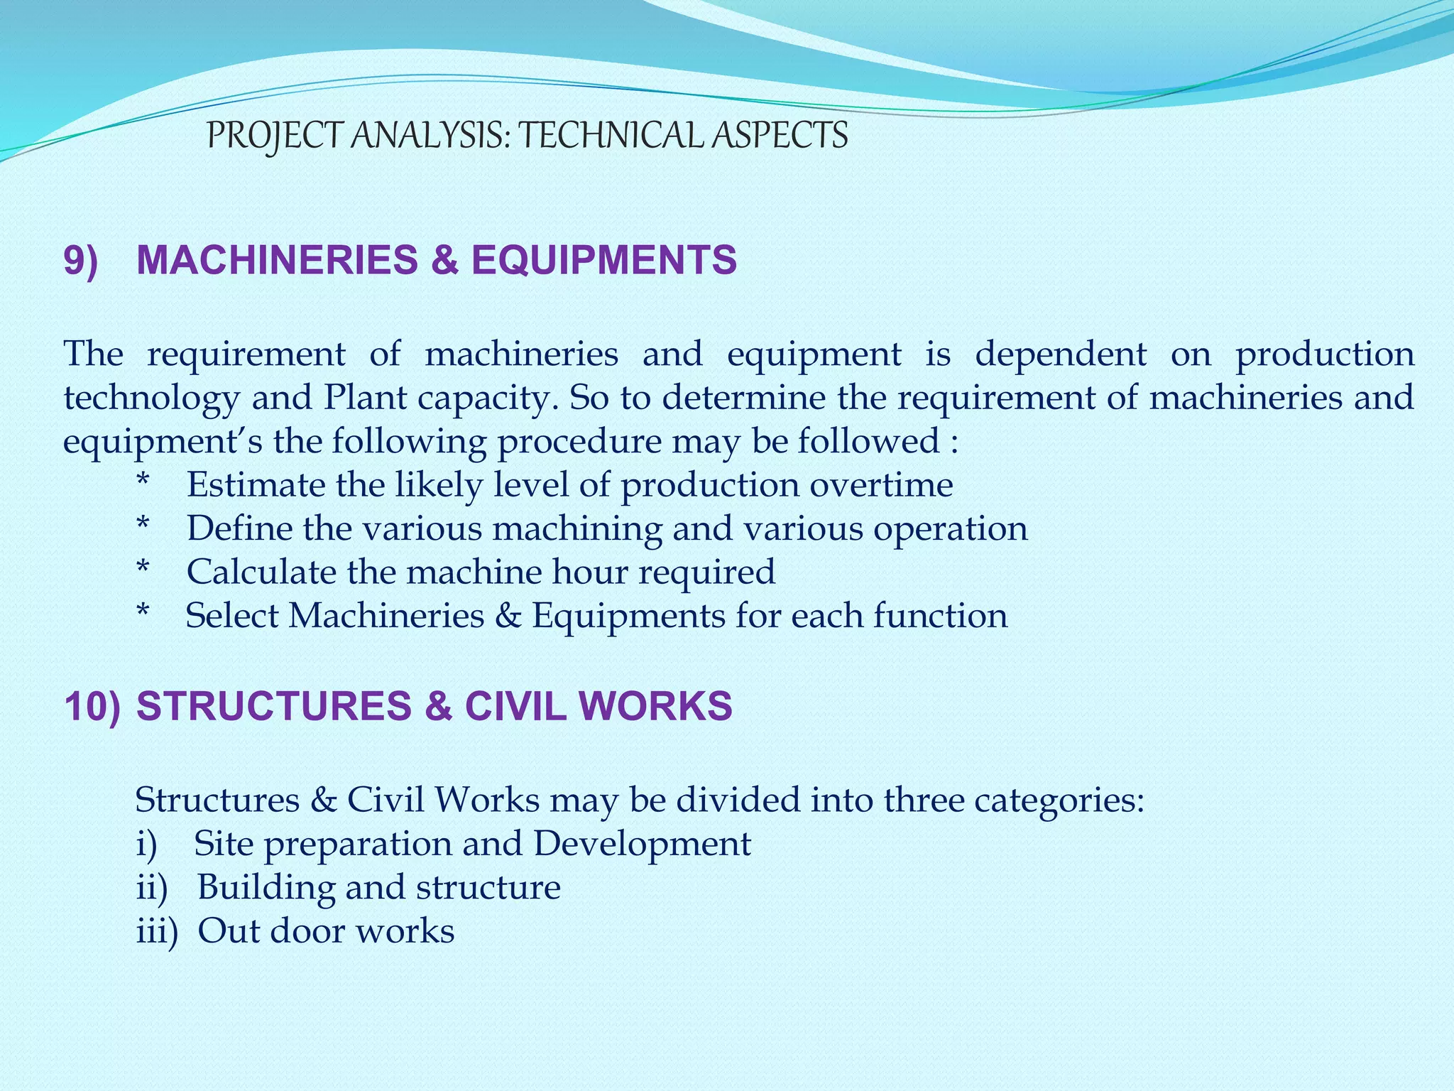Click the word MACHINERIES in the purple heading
277,260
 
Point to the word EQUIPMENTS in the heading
604,260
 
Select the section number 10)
92,707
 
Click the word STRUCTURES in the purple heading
273,707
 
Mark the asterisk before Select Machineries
143,614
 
